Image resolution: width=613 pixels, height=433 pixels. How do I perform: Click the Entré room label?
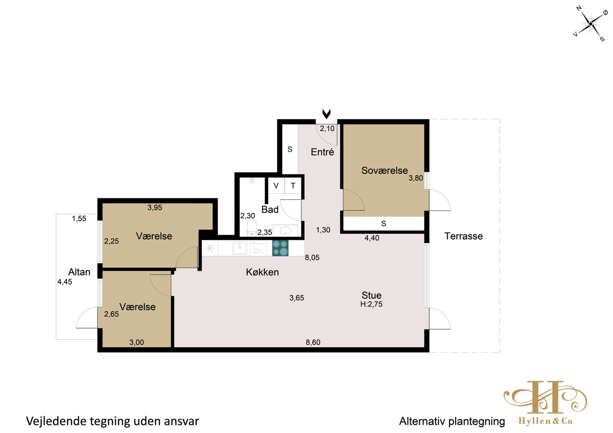pyautogui.click(x=322, y=152)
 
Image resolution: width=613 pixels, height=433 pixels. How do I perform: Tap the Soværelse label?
pyautogui.click(x=385, y=170)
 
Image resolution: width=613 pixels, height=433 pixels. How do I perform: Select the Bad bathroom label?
pyautogui.click(x=270, y=210)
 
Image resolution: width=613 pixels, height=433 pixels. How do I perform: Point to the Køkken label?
pyautogui.click(x=263, y=272)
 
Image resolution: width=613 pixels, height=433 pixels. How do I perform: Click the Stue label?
pyautogui.click(x=371, y=295)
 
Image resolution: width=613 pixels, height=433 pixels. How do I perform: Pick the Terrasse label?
pyautogui.click(x=464, y=236)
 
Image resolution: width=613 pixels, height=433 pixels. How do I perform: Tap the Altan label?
pyautogui.click(x=79, y=272)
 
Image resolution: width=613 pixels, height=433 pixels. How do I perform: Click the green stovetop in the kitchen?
pyautogui.click(x=280, y=248)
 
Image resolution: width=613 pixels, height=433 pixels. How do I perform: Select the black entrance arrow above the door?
pyautogui.click(x=326, y=114)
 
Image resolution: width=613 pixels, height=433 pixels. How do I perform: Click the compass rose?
pyautogui.click(x=591, y=24)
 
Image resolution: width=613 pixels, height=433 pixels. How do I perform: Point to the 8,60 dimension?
pyautogui.click(x=313, y=342)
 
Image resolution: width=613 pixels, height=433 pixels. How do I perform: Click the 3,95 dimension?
pyautogui.click(x=155, y=208)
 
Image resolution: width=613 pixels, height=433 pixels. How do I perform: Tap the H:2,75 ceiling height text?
pyautogui.click(x=371, y=304)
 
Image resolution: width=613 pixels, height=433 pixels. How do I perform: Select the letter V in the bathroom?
pyautogui.click(x=276, y=186)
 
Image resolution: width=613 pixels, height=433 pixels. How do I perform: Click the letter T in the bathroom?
pyautogui.click(x=293, y=186)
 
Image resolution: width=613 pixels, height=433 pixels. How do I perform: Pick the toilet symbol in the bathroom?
pyautogui.click(x=251, y=228)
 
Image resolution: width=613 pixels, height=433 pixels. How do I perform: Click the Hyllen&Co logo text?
pyautogui.click(x=546, y=421)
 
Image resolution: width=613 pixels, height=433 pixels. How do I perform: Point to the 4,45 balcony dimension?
pyautogui.click(x=64, y=282)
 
